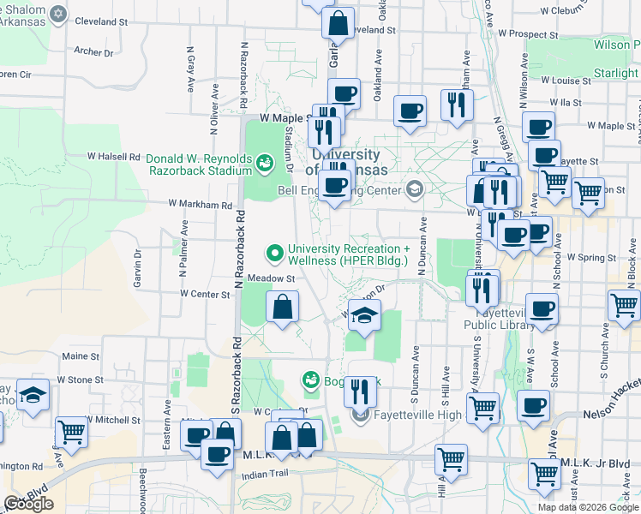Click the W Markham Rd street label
point(200,205)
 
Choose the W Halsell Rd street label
point(113,157)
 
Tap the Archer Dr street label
point(88,51)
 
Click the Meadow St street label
point(271,278)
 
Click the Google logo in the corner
point(29,504)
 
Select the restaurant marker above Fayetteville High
point(360,391)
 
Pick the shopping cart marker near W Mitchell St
point(71,433)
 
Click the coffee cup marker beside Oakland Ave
point(410,111)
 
